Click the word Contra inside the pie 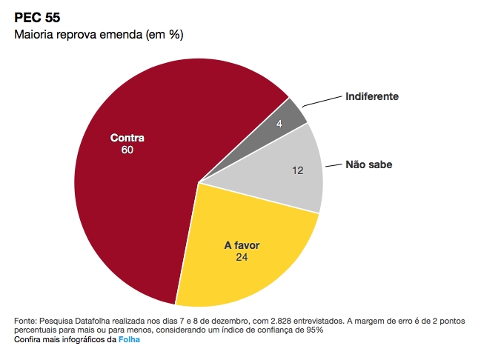[x=127, y=138]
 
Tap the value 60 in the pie [x=127, y=150]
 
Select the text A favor [x=242, y=245]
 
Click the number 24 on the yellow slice [x=242, y=258]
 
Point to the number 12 [x=298, y=170]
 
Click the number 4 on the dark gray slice [x=279, y=124]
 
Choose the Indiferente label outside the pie [x=373, y=97]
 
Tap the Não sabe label [x=368, y=164]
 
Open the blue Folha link [x=129, y=340]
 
